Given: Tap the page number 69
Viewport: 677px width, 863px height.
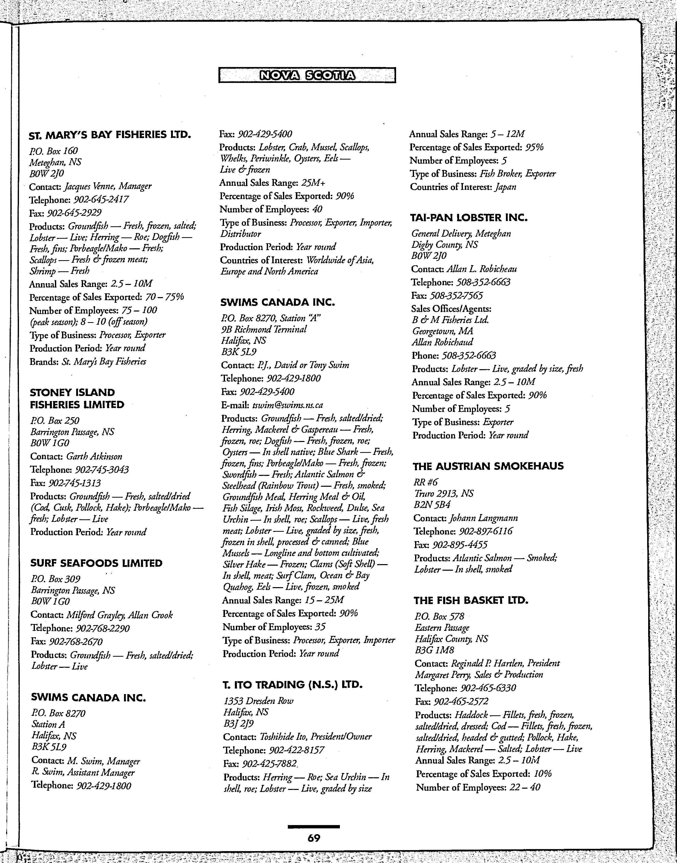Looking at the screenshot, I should (x=314, y=838).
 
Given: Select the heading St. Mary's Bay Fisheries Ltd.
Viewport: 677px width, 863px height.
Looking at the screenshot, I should (x=110, y=135).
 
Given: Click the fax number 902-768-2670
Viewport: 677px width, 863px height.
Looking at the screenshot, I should (x=75, y=641).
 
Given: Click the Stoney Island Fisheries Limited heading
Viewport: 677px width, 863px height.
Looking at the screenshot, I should (x=77, y=399).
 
